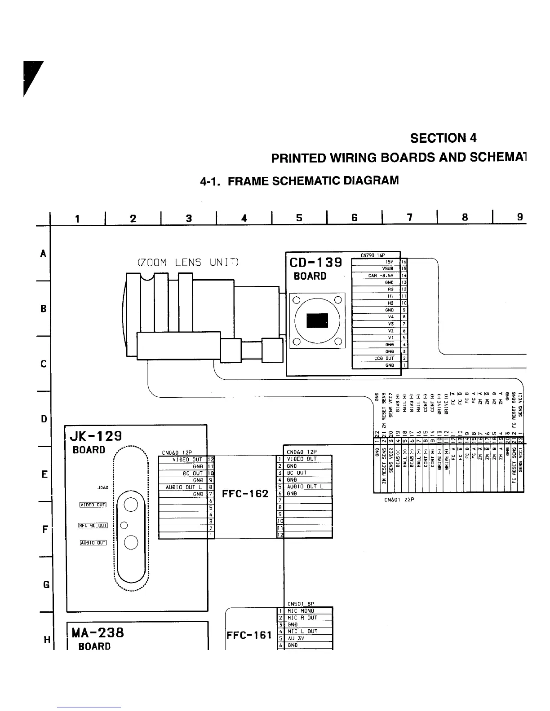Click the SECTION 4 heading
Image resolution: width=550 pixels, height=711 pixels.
[x=443, y=138]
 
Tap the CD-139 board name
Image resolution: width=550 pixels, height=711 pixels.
[x=315, y=263]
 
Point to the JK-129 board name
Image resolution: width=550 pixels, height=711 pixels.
[x=96, y=436]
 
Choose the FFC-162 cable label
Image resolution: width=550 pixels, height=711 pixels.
[x=245, y=494]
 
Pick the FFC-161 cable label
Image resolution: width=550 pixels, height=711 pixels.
[x=249, y=635]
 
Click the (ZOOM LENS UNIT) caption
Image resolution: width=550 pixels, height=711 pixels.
[x=187, y=263]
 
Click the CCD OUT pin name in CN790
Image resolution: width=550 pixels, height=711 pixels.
[x=384, y=359]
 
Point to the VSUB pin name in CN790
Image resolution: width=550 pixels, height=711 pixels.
[x=387, y=268]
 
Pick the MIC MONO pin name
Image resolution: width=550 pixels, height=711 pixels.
[x=301, y=611]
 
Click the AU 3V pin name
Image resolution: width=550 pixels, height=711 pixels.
[x=296, y=638]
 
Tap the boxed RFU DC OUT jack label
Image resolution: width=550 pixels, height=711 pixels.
[x=93, y=525]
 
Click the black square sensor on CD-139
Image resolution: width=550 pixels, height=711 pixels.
[x=318, y=320]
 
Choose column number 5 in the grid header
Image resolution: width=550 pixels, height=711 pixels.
[x=299, y=218]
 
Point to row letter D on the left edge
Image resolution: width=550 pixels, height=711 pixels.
[x=44, y=419]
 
